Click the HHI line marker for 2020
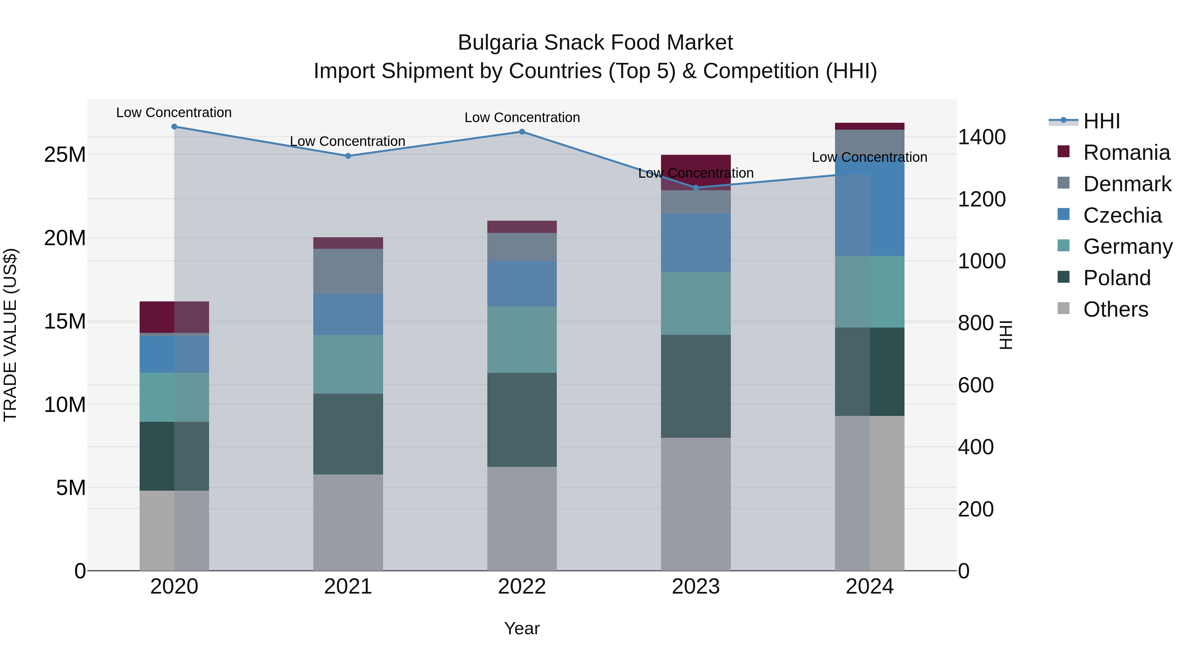point(174,127)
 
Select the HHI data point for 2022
point(522,132)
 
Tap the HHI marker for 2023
point(696,188)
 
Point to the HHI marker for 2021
point(348,156)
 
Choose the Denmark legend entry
point(1114,184)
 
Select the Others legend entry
point(1103,309)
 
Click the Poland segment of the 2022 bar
point(522,420)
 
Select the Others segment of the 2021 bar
point(348,522)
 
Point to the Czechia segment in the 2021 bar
point(348,314)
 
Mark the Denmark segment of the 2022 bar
point(522,246)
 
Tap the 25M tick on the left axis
point(65,155)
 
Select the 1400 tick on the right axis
point(982,137)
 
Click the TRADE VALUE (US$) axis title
point(10,335)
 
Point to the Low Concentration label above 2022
point(522,117)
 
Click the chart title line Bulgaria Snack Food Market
point(595,43)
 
